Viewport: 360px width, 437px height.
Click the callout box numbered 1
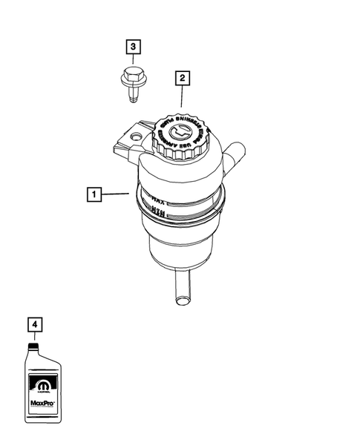(94, 195)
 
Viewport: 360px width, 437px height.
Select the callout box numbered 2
(180, 76)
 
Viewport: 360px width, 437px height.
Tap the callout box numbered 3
(133, 47)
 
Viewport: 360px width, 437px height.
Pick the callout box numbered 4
(33, 324)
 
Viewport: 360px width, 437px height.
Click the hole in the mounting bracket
(134, 137)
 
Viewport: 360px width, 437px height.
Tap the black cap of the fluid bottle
(33, 345)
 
